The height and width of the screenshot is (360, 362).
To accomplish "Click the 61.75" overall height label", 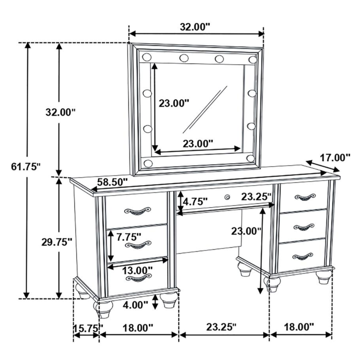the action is [26, 167].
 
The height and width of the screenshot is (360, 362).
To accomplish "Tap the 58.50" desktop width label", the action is [112, 182].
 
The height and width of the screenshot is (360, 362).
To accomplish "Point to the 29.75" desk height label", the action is [57, 242].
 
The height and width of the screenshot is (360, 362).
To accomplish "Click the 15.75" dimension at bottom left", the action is [88, 329].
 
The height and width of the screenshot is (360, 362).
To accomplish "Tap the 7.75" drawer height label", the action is [129, 237].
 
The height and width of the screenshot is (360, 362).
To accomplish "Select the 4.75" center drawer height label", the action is [195, 202].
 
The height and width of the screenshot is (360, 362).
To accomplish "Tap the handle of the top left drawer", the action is [138, 211].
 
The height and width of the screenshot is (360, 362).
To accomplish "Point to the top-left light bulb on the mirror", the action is [147, 57].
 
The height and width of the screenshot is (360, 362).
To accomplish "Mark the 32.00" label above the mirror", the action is [195, 27].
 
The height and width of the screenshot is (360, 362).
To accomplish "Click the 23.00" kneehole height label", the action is [246, 231].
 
